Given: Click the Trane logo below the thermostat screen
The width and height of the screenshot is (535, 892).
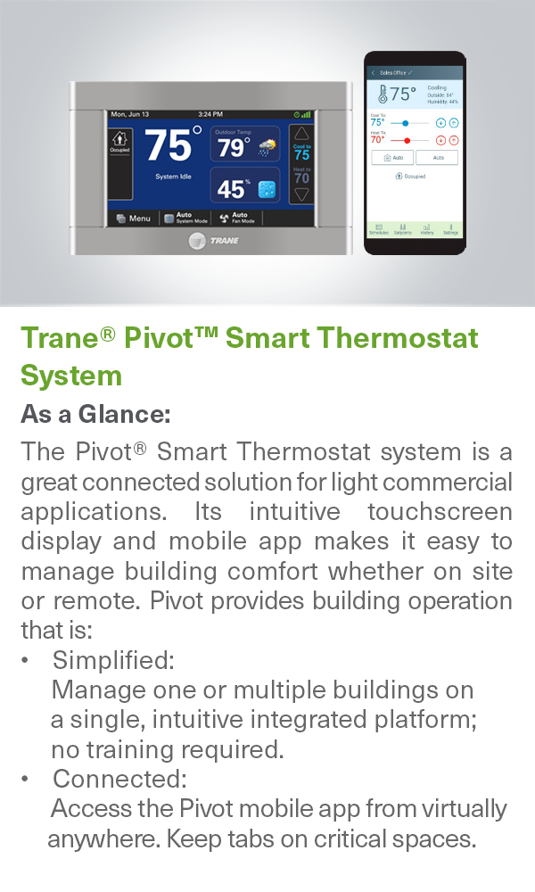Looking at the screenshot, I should click(x=214, y=241).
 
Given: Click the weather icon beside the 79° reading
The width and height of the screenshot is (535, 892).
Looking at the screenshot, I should click(x=267, y=146).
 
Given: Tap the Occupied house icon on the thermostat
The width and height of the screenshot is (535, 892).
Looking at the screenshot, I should click(x=119, y=141).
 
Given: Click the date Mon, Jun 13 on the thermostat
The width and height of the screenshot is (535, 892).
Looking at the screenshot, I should click(x=130, y=114).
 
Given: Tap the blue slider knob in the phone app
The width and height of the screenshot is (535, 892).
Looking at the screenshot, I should click(x=406, y=122).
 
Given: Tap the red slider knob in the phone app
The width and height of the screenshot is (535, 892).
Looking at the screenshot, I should click(x=407, y=140).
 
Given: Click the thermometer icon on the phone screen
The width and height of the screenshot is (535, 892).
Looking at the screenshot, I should click(x=382, y=95).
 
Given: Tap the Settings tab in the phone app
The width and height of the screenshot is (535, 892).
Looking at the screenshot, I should click(x=450, y=229).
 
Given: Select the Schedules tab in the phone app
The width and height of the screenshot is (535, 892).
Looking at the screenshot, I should click(x=379, y=229).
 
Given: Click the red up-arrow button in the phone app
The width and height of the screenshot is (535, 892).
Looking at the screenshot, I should click(x=454, y=140).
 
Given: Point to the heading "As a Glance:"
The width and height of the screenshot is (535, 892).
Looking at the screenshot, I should click(x=95, y=415).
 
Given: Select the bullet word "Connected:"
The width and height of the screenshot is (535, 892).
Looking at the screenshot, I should click(x=119, y=779).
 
